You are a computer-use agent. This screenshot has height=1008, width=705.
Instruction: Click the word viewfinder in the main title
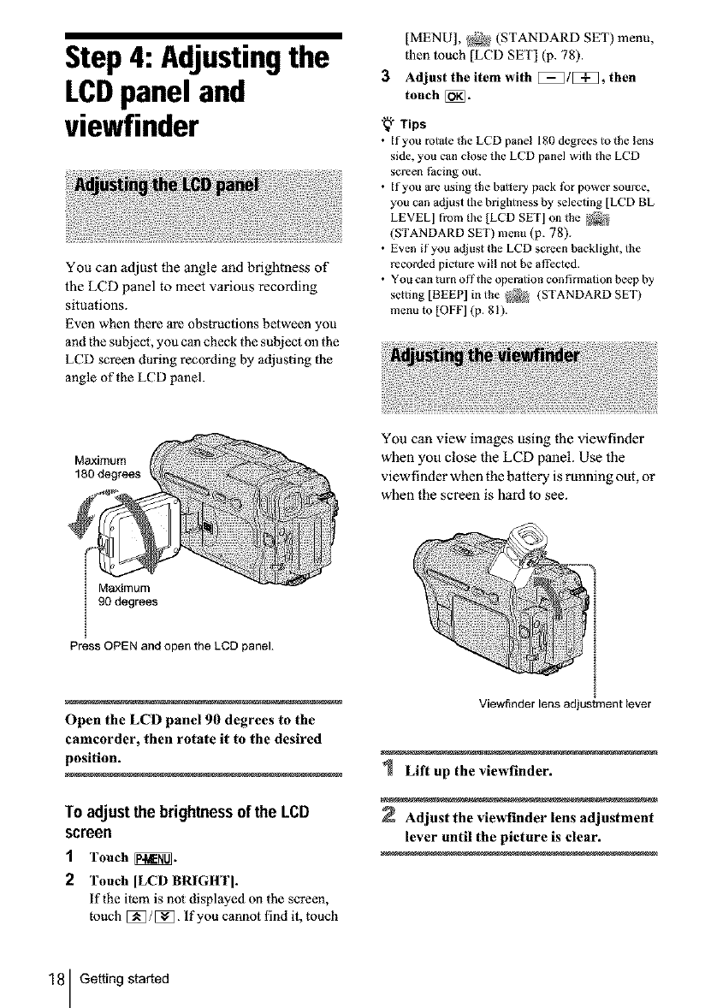click(139, 127)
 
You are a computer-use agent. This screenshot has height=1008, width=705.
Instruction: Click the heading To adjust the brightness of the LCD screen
click(189, 820)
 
